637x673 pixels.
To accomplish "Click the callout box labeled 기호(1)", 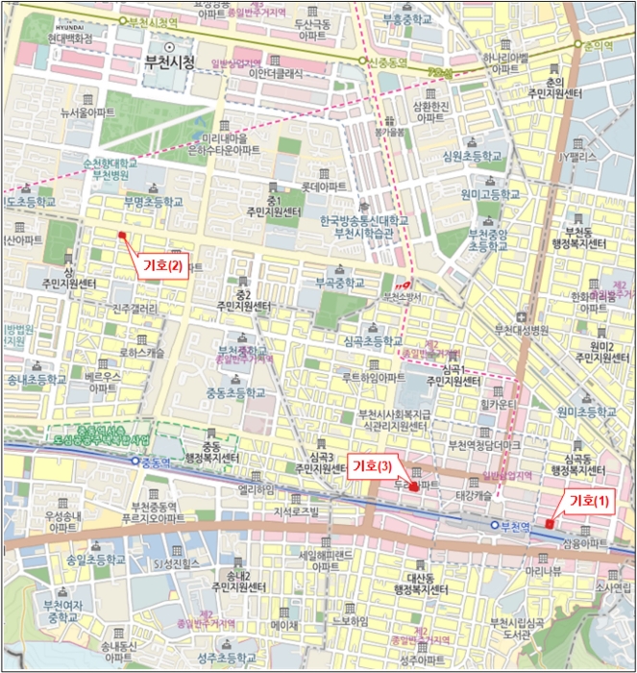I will coord(590,500).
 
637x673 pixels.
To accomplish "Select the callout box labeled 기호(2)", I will coord(162,266).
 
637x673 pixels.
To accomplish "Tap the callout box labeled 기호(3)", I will coord(371,465).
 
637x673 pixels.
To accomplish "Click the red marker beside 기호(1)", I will coord(549,524).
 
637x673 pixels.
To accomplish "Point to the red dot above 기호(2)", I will coord(122,235).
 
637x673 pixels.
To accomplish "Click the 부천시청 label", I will coord(168,64).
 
